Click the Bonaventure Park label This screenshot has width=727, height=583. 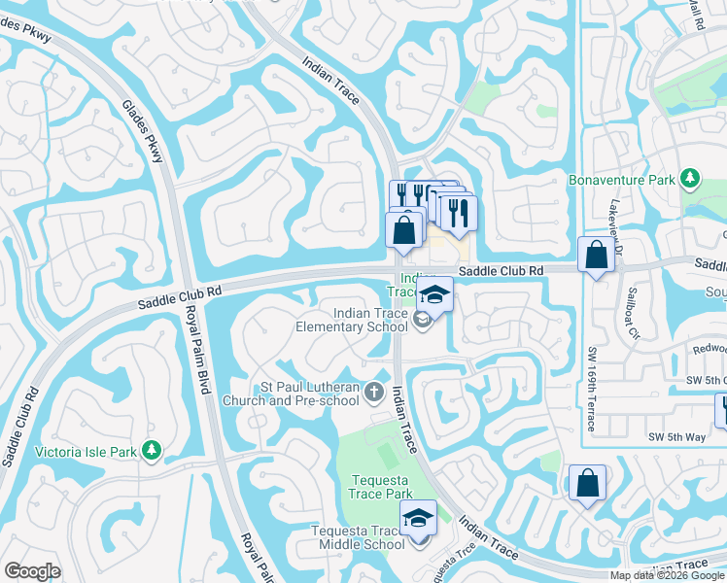pyautogui.click(x=621, y=180)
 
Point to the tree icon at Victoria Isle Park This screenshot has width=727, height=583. pyautogui.click(x=151, y=450)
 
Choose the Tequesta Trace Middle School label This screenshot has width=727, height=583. pyautogui.click(x=357, y=537)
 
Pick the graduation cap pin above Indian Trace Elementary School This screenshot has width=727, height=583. pyautogui.click(x=434, y=294)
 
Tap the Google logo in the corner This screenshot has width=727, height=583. pyautogui.click(x=32, y=571)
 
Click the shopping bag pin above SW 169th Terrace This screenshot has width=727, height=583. pyautogui.click(x=595, y=256)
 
